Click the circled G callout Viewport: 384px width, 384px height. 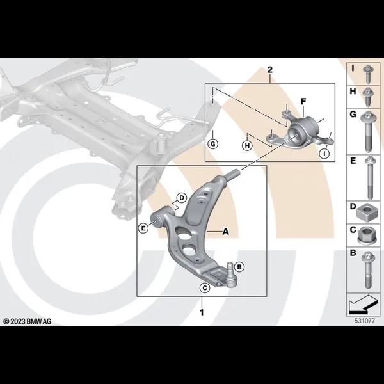point(213,144)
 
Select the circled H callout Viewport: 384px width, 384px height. point(247,146)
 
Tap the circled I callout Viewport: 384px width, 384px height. point(324,154)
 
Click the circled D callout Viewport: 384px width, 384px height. point(182,198)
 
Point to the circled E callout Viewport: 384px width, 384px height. point(143,228)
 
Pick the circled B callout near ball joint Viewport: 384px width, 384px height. point(239,267)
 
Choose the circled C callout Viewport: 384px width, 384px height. point(205,288)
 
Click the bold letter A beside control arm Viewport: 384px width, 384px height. point(225,232)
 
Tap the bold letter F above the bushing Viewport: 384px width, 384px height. point(303,101)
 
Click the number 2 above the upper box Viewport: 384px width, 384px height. point(269,70)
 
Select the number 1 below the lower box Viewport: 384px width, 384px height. point(202,312)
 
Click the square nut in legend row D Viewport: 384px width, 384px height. point(366,212)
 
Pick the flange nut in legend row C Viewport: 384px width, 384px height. point(366,236)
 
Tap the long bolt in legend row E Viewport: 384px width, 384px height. point(369,178)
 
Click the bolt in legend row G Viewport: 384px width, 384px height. point(369,132)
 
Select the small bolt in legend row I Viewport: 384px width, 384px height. point(367,74)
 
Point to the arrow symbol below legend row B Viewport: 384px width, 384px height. point(363,305)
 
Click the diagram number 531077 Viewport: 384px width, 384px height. point(365,321)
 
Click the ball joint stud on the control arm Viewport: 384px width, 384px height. point(230,268)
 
